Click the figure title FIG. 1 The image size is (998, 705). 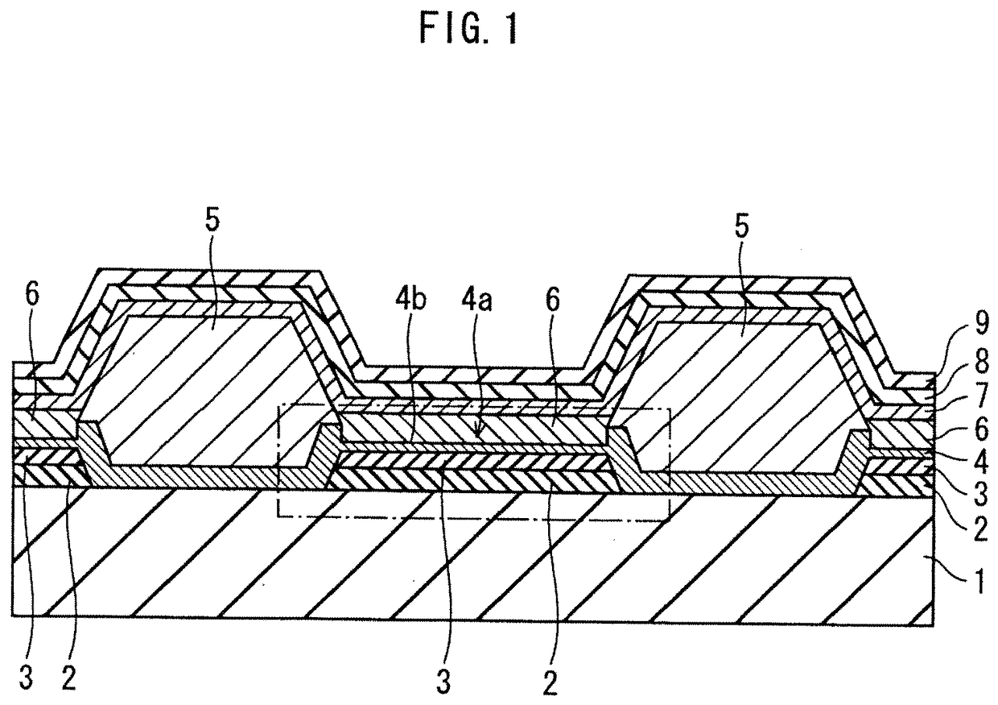[464, 31]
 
